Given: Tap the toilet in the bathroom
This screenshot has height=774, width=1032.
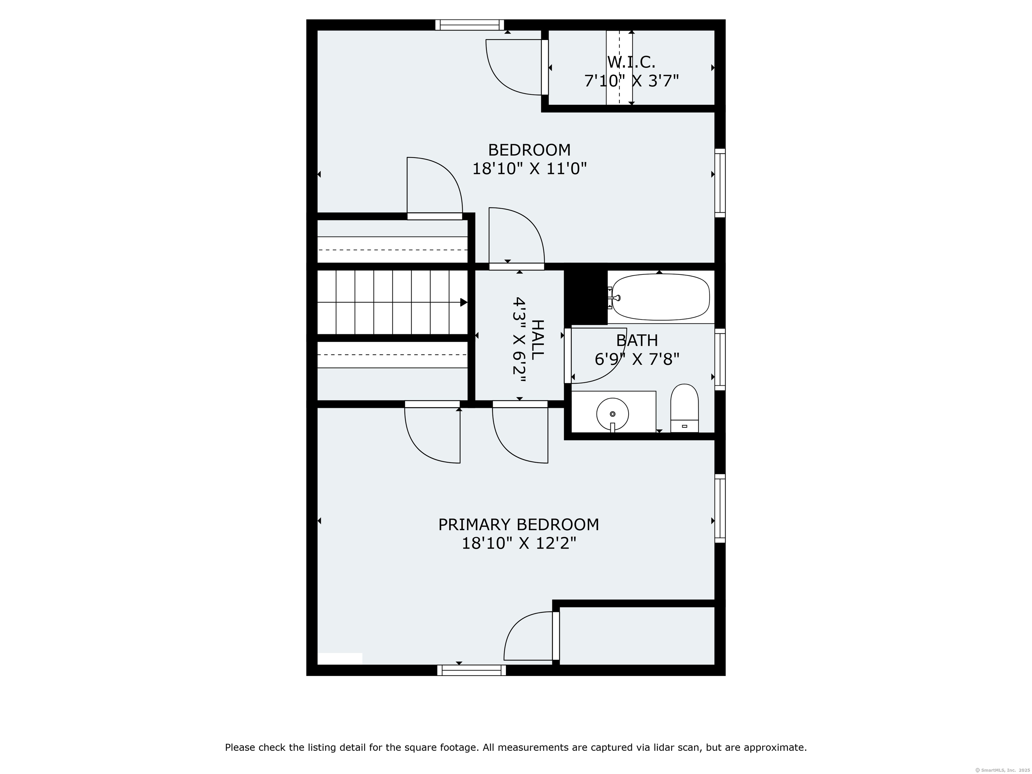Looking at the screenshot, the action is (684, 408).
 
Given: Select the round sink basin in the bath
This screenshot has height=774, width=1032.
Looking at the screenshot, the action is (612, 414).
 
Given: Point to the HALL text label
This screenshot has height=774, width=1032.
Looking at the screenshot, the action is (537, 339).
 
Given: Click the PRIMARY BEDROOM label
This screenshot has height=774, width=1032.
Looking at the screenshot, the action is (518, 525).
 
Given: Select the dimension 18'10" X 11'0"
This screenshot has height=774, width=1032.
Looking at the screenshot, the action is (529, 168).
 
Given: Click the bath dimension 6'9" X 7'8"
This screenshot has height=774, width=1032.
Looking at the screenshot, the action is (637, 359).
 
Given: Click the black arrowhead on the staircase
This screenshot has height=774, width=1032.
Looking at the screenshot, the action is (464, 302).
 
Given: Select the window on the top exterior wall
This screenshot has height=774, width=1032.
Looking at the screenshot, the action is (470, 25).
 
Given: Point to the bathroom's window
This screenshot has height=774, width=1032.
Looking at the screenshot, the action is (720, 359).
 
